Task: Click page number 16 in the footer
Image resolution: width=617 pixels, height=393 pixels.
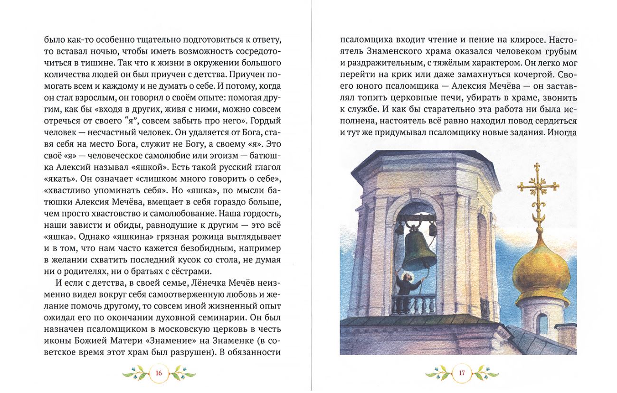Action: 159,373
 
